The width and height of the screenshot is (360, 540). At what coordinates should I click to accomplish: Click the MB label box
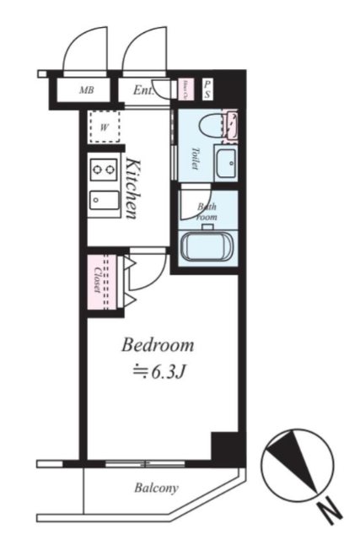tap(86, 89)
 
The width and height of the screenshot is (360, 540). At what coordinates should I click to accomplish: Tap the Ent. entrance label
tap(142, 89)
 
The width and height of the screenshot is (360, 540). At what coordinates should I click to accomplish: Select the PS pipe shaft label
tap(207, 89)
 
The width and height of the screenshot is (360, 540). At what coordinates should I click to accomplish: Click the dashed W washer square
tap(105, 127)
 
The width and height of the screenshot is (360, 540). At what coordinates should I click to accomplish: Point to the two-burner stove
tap(105, 170)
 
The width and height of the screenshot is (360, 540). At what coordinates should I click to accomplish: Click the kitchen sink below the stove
tap(105, 202)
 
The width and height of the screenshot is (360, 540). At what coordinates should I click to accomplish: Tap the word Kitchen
tap(133, 187)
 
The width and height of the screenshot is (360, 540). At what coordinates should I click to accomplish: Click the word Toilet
tap(193, 159)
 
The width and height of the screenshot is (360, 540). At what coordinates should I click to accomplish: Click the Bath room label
tap(207, 211)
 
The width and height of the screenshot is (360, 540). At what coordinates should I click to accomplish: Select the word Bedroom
tap(158, 345)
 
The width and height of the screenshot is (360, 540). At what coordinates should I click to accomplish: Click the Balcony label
tap(156, 488)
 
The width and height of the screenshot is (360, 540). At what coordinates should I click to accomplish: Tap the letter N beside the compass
tap(331, 509)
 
